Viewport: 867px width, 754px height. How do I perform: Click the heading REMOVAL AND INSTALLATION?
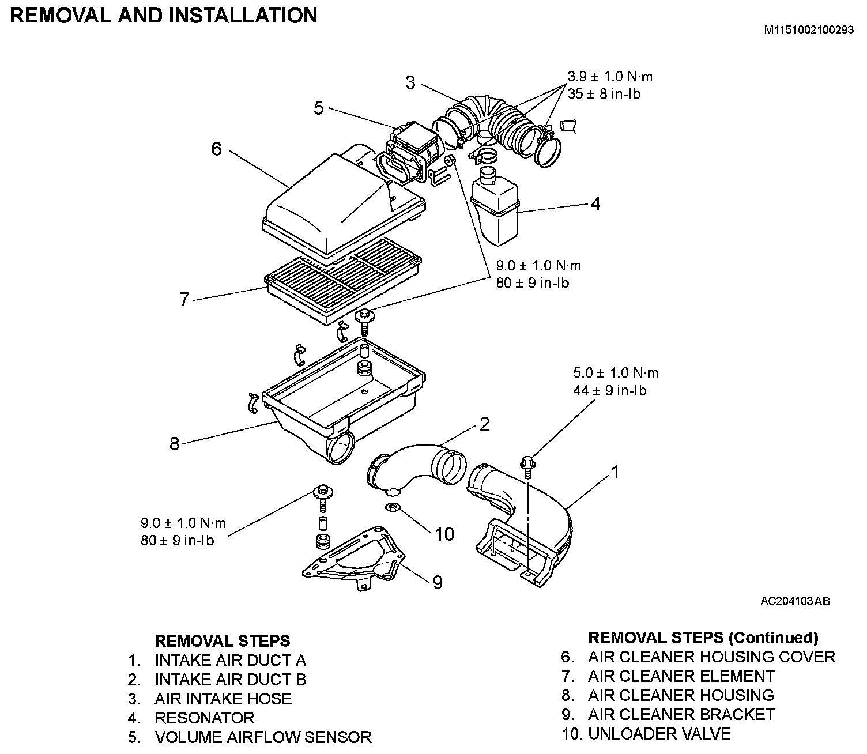pos(164,16)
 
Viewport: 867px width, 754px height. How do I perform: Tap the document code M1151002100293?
pos(809,31)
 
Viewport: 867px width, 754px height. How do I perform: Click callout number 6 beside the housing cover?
pos(216,149)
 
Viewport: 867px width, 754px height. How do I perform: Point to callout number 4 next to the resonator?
pos(595,203)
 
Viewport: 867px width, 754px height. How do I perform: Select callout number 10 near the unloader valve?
pos(444,534)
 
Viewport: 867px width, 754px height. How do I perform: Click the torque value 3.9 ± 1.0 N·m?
pos(610,77)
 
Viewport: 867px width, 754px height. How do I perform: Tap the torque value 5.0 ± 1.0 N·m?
pos(616,373)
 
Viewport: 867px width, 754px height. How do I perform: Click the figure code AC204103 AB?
pos(795,601)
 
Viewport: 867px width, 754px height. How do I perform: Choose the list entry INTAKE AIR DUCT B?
pos(230,680)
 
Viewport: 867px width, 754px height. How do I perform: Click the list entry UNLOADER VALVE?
pos(659,734)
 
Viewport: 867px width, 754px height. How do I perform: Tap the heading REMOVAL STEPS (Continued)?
pos(703,638)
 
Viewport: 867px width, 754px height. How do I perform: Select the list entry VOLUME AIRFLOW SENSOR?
pos(263,737)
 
